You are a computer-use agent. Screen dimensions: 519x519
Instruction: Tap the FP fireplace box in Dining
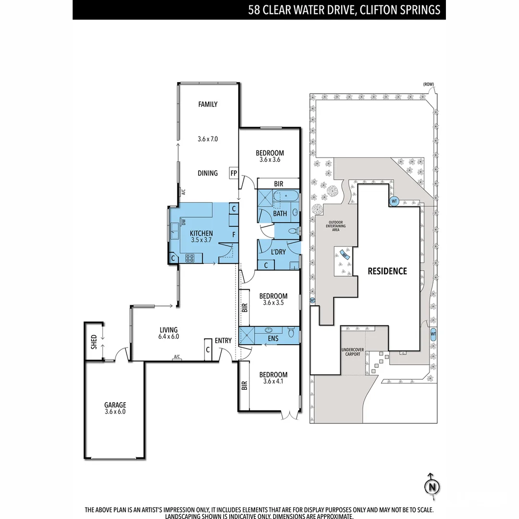[x=234, y=173]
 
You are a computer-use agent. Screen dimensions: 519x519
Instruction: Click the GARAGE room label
[x=115, y=405]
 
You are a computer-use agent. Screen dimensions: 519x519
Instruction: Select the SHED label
[x=94, y=342]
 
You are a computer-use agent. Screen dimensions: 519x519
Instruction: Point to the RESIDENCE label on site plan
[x=387, y=271]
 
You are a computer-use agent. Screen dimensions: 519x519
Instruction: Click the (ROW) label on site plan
[x=428, y=85]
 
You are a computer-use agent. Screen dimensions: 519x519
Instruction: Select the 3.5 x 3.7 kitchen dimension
[x=201, y=239]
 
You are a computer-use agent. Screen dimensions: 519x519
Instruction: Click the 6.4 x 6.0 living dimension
[x=169, y=336]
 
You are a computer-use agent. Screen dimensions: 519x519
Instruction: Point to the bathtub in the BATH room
[x=284, y=198]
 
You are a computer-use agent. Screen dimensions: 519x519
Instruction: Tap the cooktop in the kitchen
[x=190, y=258]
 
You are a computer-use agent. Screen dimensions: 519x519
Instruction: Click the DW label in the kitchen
[x=184, y=222]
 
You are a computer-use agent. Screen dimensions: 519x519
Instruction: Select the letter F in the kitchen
[x=234, y=235]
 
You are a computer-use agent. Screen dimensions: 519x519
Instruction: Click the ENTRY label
[x=223, y=341]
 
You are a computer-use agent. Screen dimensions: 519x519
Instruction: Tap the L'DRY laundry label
[x=278, y=252]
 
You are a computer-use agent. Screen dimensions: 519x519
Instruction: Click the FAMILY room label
[x=208, y=104]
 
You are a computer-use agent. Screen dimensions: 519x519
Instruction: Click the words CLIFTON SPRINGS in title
[x=402, y=10]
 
